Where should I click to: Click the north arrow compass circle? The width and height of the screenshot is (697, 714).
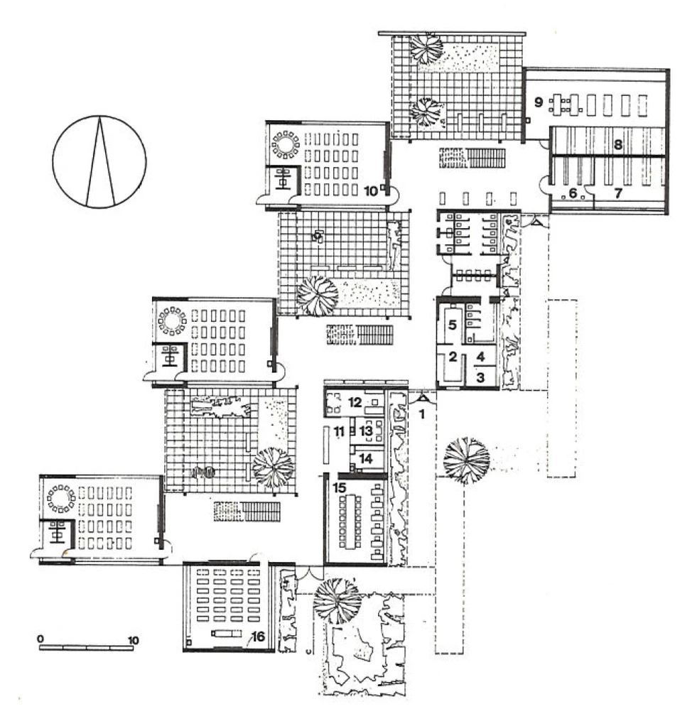tap(53, 162)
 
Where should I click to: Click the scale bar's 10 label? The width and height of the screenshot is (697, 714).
tap(133, 640)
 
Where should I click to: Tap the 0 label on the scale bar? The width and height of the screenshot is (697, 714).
tap(40, 639)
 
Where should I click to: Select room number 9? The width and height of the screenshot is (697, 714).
tap(539, 102)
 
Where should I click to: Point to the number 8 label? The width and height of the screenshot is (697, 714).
tap(618, 145)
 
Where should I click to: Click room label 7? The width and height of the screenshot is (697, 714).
tap(618, 193)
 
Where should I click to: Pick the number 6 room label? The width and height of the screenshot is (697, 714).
tap(573, 193)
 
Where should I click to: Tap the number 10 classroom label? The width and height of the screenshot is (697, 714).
tap(371, 191)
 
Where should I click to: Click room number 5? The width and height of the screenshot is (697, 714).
tap(452, 325)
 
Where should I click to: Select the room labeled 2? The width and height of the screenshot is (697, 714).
tap(453, 356)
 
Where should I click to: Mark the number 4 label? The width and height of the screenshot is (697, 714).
tap(480, 357)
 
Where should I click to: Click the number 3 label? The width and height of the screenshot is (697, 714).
tap(480, 377)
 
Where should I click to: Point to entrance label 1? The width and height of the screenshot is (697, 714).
tap(421, 414)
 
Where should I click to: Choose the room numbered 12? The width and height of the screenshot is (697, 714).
tap(355, 402)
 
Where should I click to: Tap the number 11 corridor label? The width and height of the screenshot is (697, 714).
tap(339, 431)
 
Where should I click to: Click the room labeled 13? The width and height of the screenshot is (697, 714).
tap(366, 431)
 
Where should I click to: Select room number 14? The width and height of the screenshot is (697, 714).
tap(366, 458)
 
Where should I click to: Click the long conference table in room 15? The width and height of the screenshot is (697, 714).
tap(350, 521)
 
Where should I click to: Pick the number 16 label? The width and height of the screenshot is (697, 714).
tap(258, 637)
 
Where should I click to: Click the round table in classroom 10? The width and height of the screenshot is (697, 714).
tap(286, 145)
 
